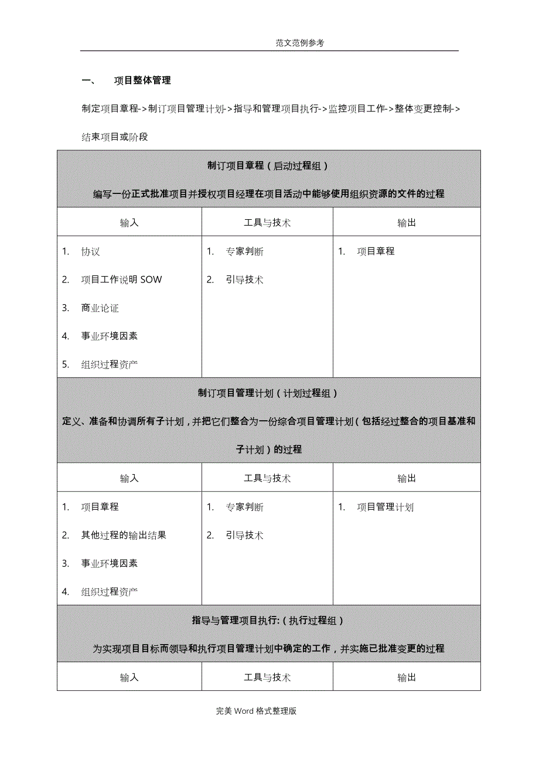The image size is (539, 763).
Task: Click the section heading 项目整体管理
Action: (142, 80)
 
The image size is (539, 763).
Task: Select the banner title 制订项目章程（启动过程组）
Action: (268, 166)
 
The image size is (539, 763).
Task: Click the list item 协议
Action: (91, 251)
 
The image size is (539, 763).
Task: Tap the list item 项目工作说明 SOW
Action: (121, 280)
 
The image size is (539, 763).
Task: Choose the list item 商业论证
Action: (100, 308)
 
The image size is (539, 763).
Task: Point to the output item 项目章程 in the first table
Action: (376, 251)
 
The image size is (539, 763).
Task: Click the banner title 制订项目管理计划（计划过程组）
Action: (268, 393)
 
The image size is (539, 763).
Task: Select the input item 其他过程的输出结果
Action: (124, 535)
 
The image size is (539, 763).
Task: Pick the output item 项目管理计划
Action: (385, 507)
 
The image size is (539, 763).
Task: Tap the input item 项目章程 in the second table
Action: (100, 507)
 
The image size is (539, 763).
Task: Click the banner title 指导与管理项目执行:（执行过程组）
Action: (268, 620)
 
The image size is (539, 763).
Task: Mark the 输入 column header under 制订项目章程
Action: (129, 223)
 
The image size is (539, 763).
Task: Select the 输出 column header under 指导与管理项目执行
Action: (407, 677)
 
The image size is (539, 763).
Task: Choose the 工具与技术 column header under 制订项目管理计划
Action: (267, 478)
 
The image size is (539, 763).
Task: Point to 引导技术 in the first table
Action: (244, 280)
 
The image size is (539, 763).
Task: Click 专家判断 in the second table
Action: (244, 507)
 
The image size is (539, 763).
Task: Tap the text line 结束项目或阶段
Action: (115, 137)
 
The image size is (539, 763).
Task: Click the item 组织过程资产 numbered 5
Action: (110, 365)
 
